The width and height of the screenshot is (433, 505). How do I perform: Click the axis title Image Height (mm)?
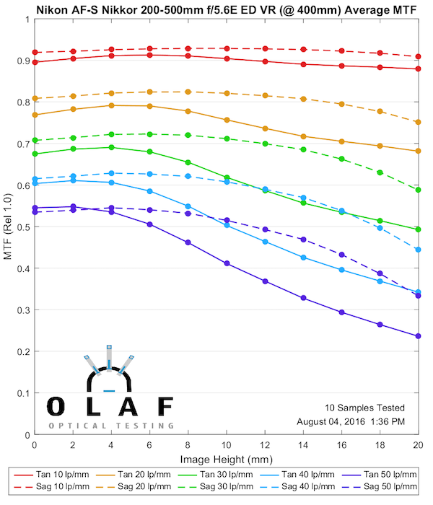pyautogui.click(x=226, y=460)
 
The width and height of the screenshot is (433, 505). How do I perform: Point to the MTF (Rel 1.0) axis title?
pyautogui.click(x=8, y=227)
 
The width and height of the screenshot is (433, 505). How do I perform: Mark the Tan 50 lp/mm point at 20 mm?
pyautogui.click(x=418, y=336)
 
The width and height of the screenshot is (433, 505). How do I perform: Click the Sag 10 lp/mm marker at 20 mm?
pyautogui.click(x=418, y=56)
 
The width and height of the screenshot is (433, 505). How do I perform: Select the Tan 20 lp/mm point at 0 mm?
pyautogui.click(x=35, y=115)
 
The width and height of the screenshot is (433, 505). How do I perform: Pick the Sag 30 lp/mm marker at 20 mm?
pyautogui.click(x=418, y=190)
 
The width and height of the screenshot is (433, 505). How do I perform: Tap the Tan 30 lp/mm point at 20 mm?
pyautogui.click(x=418, y=229)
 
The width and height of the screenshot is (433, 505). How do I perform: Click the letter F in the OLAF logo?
pyautogui.click(x=165, y=407)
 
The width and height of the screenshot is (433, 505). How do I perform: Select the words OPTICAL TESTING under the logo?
pyautogui.click(x=110, y=426)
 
